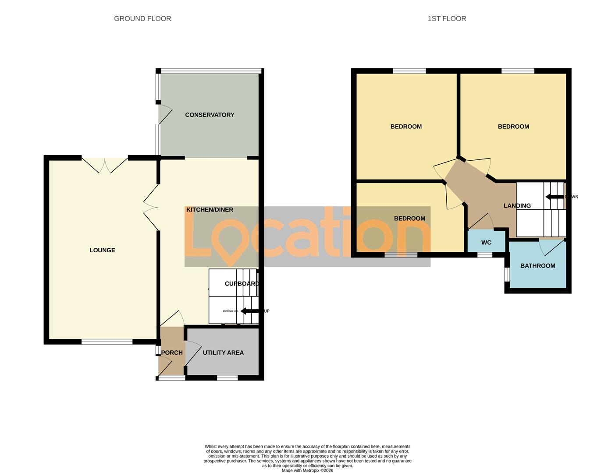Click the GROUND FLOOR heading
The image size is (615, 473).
(142, 18)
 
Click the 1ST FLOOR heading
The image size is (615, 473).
(447, 18)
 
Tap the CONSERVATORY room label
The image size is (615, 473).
(210, 115)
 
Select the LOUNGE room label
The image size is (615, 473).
(102, 250)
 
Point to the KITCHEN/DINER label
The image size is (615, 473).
(210, 210)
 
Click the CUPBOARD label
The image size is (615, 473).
(242, 284)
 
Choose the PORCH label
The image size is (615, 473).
(172, 353)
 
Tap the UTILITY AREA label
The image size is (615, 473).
(223, 353)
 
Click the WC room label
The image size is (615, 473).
(486, 243)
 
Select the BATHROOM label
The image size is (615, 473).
(537, 266)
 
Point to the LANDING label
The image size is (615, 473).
(517, 206)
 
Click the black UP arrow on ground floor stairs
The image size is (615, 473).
(249, 311)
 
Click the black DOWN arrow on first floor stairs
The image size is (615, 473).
(554, 197)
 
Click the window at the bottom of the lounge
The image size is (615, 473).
(107, 342)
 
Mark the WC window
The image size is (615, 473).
(484, 254)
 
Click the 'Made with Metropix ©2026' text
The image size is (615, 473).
(307, 470)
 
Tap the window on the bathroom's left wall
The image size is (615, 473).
(507, 274)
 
